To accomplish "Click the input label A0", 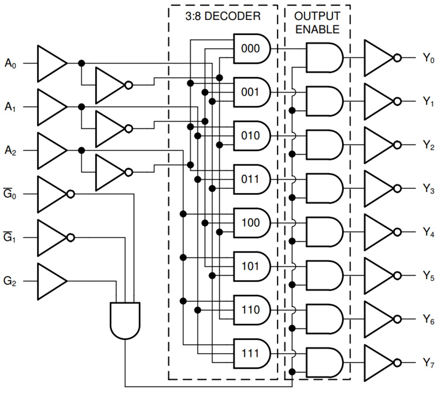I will (x=11, y=63).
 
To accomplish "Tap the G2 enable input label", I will (x=11, y=281).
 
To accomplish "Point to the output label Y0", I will (x=428, y=58).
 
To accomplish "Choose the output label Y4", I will (x=428, y=233).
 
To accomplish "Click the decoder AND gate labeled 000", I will (x=251, y=49).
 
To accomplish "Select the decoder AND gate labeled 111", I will (x=251, y=354).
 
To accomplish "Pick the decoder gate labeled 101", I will (x=251, y=267).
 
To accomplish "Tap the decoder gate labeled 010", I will (x=251, y=136).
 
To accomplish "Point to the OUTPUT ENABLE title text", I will (x=317, y=22).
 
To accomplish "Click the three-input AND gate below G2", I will (x=125, y=320).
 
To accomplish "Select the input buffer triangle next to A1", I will (x=51, y=107).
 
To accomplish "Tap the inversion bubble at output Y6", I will (x=397, y=319).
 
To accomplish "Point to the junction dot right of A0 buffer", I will (x=82, y=63).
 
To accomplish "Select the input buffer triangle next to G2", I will (x=51, y=281).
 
